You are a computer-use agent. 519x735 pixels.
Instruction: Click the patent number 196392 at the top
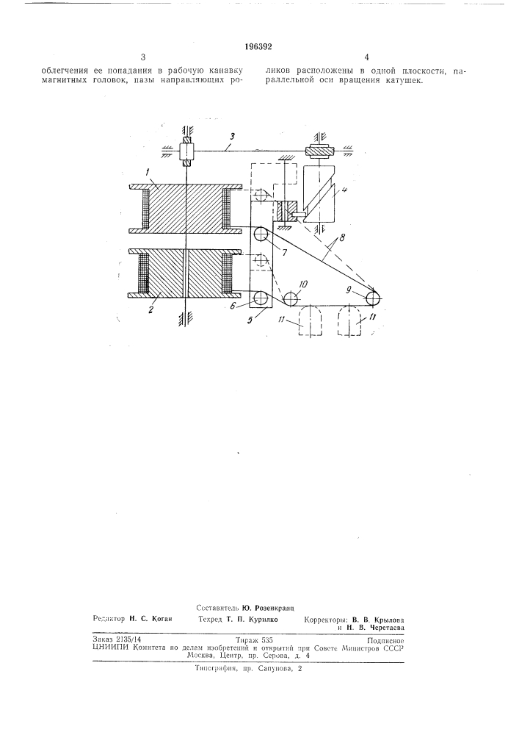[259, 46]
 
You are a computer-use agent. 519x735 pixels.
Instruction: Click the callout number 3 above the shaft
[232, 136]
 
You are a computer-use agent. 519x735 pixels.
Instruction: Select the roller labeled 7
[260, 234]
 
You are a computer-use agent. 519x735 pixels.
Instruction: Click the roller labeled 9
[374, 298]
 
